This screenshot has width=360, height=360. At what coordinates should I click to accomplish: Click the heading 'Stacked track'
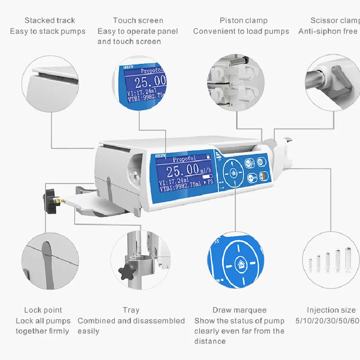pyautogui.click(x=50, y=20)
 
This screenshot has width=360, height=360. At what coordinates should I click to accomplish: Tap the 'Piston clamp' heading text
pyautogui.click(x=243, y=20)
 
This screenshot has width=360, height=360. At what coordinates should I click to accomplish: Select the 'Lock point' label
pyautogui.click(x=43, y=310)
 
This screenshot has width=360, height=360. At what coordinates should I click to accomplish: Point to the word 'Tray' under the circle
pyautogui.click(x=131, y=310)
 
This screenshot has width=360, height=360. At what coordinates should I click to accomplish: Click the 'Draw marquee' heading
pyautogui.click(x=239, y=310)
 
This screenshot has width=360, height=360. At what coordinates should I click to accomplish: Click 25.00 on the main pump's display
pyautogui.click(x=183, y=170)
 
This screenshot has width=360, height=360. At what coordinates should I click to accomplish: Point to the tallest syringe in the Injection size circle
pyautogui.click(x=348, y=259)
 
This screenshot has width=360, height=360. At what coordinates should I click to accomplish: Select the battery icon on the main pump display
pyautogui.click(x=208, y=156)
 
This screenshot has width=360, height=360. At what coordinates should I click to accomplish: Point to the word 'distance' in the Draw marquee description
pyautogui.click(x=210, y=341)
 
